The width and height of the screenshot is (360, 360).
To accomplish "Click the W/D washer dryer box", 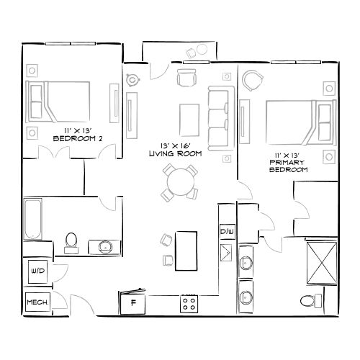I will point(37,271).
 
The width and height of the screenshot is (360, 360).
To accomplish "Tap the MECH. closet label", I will point(37,302).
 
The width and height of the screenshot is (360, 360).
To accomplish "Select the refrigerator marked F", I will point(133,303).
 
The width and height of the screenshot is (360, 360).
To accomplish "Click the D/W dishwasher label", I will point(226,232).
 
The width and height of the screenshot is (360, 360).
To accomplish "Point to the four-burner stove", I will point(189,304).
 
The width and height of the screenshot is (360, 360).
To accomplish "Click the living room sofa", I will point(219,115).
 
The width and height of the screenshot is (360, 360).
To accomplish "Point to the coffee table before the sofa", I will point(189,117).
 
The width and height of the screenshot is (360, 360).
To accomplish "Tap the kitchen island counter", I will point(186,249).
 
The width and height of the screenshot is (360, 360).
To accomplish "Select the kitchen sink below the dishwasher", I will point(226,252).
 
